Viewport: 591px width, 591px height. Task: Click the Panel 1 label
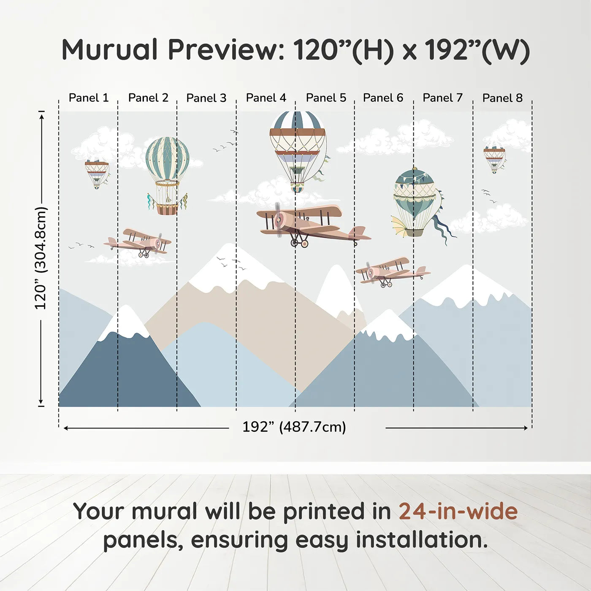[x=89, y=98]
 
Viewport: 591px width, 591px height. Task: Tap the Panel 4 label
[x=266, y=98]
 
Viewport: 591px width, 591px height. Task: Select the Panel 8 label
[x=502, y=98]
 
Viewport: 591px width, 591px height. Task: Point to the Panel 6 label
[x=383, y=98]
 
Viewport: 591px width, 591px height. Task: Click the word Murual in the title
[x=110, y=50]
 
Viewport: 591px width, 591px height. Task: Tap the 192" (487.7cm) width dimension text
[x=294, y=427]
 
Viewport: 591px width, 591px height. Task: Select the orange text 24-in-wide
[x=458, y=511]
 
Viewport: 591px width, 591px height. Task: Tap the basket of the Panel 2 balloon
[x=167, y=209]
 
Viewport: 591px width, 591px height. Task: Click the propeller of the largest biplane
[x=279, y=220]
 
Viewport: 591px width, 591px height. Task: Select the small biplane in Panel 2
[x=137, y=242]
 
